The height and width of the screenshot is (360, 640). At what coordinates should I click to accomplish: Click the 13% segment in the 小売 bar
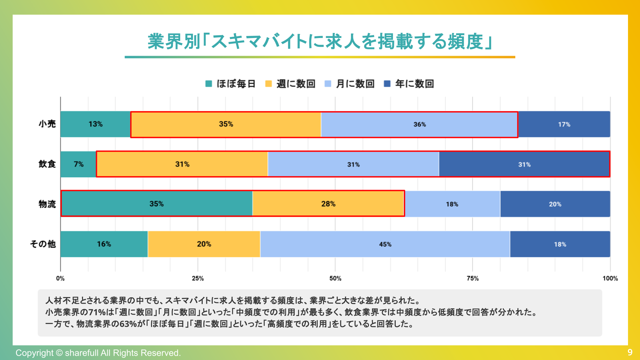pyautogui.click(x=95, y=124)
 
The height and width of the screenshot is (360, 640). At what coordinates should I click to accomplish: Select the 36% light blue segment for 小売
pyautogui.click(x=419, y=124)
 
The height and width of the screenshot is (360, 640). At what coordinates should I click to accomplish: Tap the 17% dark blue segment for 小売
pyautogui.click(x=564, y=124)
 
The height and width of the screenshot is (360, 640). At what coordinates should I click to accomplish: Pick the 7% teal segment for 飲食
pyautogui.click(x=78, y=164)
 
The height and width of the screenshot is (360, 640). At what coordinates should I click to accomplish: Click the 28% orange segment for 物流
pyautogui.click(x=328, y=204)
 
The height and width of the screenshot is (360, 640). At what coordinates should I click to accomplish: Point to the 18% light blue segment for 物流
pyautogui.click(x=452, y=204)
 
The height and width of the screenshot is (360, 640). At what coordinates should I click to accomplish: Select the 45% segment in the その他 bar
pyautogui.click(x=385, y=244)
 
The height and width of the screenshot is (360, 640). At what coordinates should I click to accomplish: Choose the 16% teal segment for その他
pyautogui.click(x=104, y=244)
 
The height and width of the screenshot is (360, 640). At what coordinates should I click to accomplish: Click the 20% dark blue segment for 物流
pyautogui.click(x=555, y=204)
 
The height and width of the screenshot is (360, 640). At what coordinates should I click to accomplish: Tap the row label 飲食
pyautogui.click(x=47, y=164)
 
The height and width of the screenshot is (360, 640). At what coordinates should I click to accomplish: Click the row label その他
pyautogui.click(x=43, y=244)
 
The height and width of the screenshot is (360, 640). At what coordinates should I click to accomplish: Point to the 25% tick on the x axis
pyautogui.click(x=198, y=278)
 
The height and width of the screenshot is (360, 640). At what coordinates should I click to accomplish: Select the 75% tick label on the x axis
pyautogui.click(x=472, y=278)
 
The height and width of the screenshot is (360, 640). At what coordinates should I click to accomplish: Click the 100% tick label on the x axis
pyautogui.click(x=610, y=278)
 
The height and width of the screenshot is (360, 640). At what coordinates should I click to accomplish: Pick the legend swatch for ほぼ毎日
pyautogui.click(x=209, y=84)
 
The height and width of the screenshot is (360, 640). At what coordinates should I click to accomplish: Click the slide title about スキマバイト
pyautogui.click(x=320, y=42)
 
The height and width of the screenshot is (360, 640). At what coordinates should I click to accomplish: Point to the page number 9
pyautogui.click(x=630, y=352)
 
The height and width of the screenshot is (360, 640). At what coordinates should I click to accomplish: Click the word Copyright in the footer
pyautogui.click(x=34, y=353)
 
